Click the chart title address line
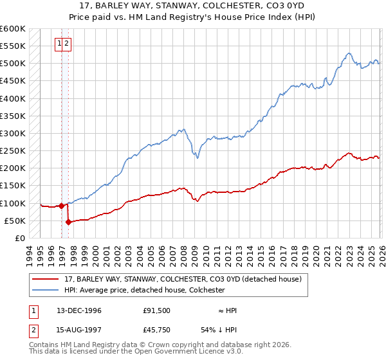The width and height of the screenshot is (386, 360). (x=192, y=5)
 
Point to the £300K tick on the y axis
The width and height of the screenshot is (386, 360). (x=13, y=134)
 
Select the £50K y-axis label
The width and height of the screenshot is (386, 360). (x=15, y=221)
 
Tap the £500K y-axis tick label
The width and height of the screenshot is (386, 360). (x=13, y=64)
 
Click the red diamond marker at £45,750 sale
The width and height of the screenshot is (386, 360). (x=68, y=222)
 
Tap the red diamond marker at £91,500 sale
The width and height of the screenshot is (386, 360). (x=61, y=206)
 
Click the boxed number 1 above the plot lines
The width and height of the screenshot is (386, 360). (x=60, y=44)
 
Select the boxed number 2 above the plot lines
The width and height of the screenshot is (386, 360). (x=67, y=44)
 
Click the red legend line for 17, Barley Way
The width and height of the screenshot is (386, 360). (x=46, y=278)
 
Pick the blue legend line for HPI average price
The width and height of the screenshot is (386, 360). (x=46, y=290)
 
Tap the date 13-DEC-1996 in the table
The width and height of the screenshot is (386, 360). (x=78, y=310)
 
